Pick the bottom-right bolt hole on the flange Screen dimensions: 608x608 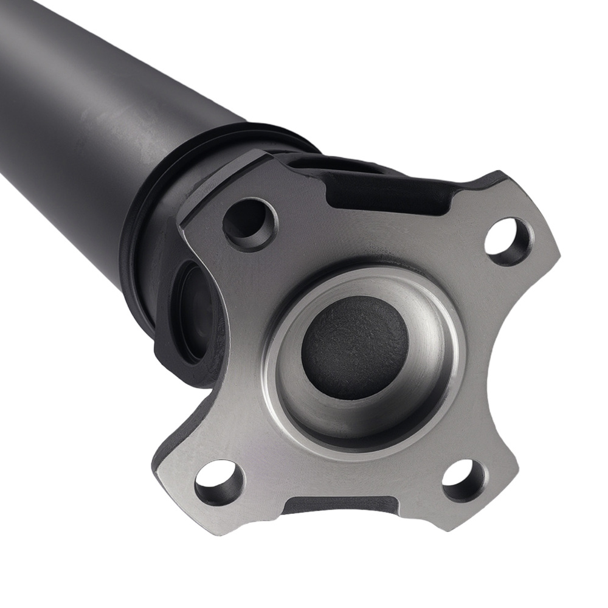point(463,473)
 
